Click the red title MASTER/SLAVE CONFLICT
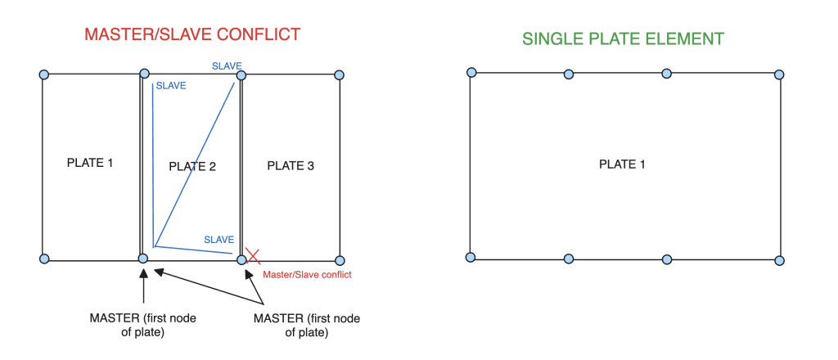pos(192,34)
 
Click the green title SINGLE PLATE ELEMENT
pos(623,38)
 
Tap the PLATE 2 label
pos(192,167)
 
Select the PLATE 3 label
pos(291,166)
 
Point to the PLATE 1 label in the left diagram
pos(90,162)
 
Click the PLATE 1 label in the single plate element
pos(622,164)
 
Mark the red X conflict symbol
pos(252,256)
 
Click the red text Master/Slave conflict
pos(308,275)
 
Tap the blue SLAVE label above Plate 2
pos(227,66)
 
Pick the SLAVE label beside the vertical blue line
pos(171,85)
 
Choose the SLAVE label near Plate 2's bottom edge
pos(219,240)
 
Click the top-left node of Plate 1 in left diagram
pos(44,74)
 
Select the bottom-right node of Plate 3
pos(340,261)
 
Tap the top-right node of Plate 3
pos(338,75)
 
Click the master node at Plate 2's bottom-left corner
pos(142,259)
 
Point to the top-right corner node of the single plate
pos(779,74)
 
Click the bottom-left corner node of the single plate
pos(471,258)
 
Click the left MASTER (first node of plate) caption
pos(142,326)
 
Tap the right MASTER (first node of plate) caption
pos(307,326)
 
